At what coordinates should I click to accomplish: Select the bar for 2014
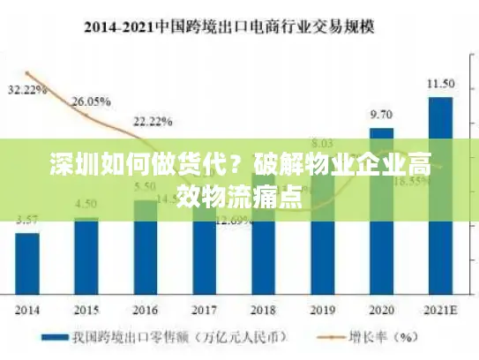click(x=28, y=265)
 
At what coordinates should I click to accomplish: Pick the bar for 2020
click(x=381, y=212)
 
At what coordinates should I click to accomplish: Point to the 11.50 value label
click(x=440, y=84)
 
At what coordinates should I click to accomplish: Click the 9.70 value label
click(x=381, y=115)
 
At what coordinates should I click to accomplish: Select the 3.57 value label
click(x=28, y=220)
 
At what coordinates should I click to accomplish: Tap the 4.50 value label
click(x=86, y=205)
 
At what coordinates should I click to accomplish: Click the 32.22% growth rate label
click(x=27, y=90)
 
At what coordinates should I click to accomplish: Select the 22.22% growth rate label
click(x=153, y=120)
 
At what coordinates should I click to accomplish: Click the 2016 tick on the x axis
click(x=145, y=310)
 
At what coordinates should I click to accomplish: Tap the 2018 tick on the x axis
click(x=263, y=310)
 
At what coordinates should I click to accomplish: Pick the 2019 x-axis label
click(x=322, y=310)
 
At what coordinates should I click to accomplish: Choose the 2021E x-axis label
click(x=440, y=310)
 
